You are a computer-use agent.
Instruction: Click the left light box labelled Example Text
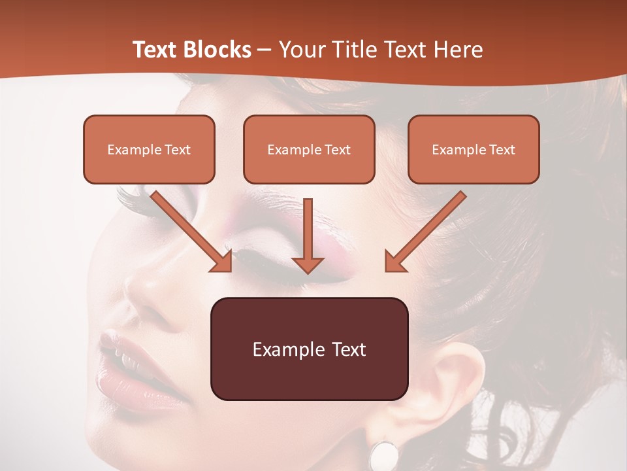[x=149, y=149]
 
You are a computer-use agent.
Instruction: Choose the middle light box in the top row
[x=309, y=149]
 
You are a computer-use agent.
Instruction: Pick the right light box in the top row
[x=474, y=149]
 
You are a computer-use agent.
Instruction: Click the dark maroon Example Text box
[x=309, y=349]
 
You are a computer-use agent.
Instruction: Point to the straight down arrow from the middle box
[x=308, y=235]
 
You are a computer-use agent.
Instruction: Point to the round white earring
[x=384, y=455]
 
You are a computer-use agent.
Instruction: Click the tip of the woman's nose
[x=134, y=288]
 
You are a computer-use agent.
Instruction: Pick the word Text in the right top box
[x=502, y=150]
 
